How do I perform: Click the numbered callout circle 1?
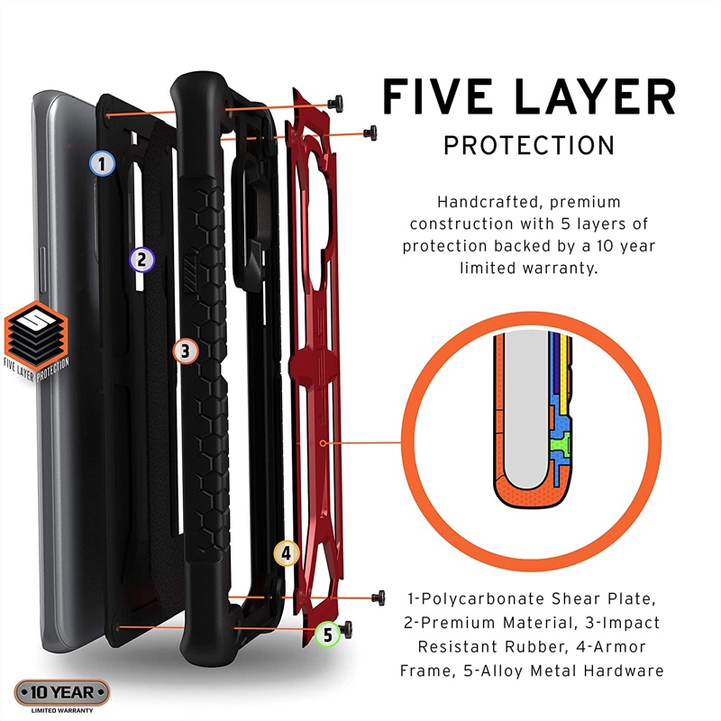coord(102,163)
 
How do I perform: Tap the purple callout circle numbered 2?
coord(141,260)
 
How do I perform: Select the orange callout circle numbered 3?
coord(185,351)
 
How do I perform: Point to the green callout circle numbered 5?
coord(327,634)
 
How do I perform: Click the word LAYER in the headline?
coord(596,97)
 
